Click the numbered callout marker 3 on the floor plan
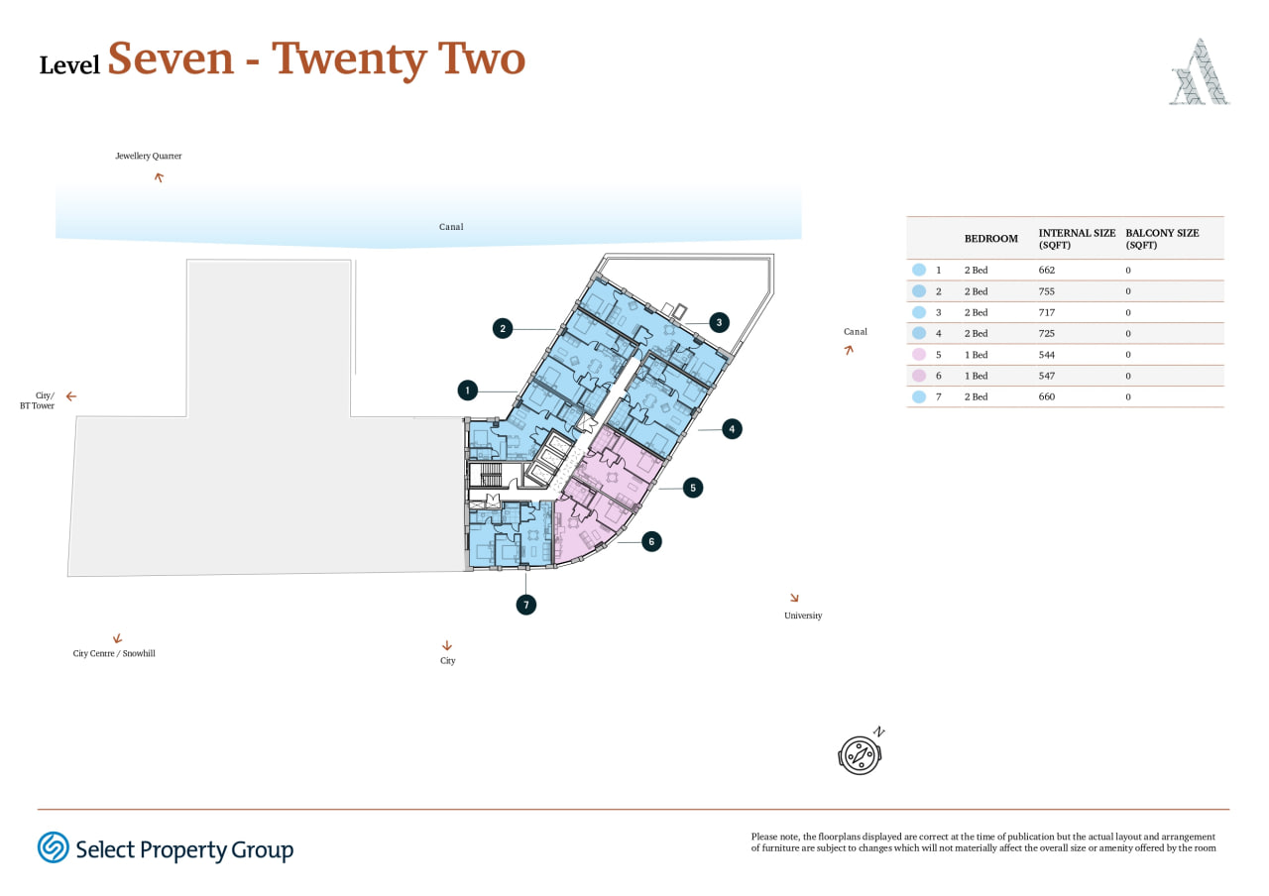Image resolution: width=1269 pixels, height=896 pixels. pyautogui.click(x=719, y=322)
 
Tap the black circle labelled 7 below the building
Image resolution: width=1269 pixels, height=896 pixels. pyautogui.click(x=526, y=605)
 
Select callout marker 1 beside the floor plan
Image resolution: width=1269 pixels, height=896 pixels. pyautogui.click(x=467, y=391)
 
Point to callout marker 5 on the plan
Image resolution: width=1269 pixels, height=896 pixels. pyautogui.click(x=693, y=488)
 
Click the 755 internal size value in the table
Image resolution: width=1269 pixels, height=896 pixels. pyautogui.click(x=1046, y=291)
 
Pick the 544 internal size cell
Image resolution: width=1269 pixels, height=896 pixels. pyautogui.click(x=1046, y=355)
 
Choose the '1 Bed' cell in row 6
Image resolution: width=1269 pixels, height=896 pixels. pyautogui.click(x=976, y=376)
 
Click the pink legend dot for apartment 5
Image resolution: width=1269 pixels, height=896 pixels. pyautogui.click(x=919, y=355)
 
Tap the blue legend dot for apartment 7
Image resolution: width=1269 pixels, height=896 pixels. pyautogui.click(x=919, y=396)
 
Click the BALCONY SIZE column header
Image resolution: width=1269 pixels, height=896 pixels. pyautogui.click(x=1162, y=239)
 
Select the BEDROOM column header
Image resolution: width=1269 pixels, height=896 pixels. pyautogui.click(x=990, y=239)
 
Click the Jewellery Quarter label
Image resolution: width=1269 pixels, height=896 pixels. pyautogui.click(x=149, y=156)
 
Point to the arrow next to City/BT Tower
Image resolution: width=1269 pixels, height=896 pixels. pyautogui.click(x=70, y=395)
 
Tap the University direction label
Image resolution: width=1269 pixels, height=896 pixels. pyautogui.click(x=803, y=616)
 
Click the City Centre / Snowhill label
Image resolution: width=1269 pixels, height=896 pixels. pyautogui.click(x=114, y=653)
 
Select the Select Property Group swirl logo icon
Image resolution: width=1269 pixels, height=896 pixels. pyautogui.click(x=54, y=847)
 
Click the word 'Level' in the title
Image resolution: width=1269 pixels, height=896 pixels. pyautogui.click(x=69, y=65)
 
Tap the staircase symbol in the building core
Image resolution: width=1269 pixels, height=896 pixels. pyautogui.click(x=491, y=475)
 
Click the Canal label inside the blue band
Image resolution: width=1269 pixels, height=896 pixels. pyautogui.click(x=451, y=227)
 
